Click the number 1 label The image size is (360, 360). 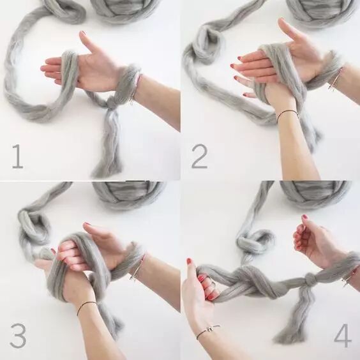point(17,157)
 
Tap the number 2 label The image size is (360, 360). point(199,156)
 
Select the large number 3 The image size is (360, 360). point(18,335)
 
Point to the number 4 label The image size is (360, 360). point(343,336)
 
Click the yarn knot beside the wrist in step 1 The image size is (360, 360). point(112,105)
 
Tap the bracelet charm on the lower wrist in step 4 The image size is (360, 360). point(211,329)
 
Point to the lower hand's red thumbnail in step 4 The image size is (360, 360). point(189,261)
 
